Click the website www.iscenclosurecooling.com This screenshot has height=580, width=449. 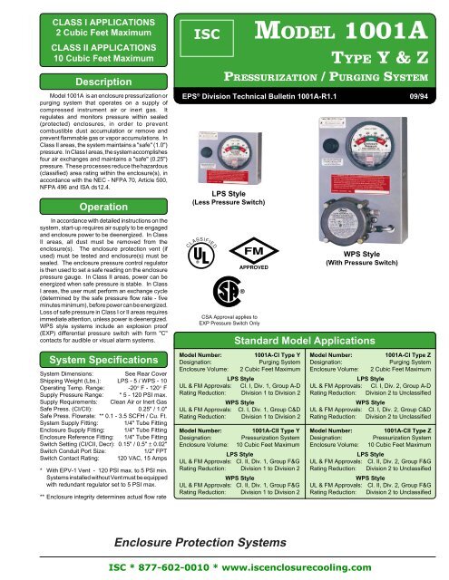(323, 563)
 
